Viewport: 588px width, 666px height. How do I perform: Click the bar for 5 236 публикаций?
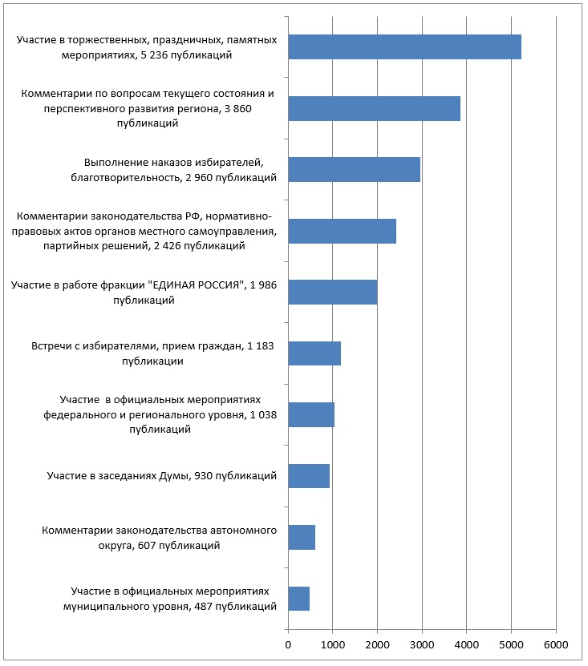(404, 47)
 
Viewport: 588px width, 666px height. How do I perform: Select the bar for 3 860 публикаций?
(374, 108)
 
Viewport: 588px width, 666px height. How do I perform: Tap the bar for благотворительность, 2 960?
(354, 170)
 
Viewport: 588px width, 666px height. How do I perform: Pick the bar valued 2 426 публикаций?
(342, 231)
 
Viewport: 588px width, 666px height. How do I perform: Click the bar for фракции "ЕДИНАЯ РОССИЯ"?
(332, 292)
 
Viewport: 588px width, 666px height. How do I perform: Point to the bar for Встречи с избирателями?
(314, 353)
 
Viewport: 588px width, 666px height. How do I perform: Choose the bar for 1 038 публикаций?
(311, 414)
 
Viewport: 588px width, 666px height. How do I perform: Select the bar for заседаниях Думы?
(309, 476)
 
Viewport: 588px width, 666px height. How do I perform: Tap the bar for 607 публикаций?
(302, 537)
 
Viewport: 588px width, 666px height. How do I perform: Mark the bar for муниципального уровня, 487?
(298, 599)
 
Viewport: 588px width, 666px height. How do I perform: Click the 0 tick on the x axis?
(288, 644)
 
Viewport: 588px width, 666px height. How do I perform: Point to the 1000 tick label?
(332, 644)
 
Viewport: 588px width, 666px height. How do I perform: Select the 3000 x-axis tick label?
(422, 644)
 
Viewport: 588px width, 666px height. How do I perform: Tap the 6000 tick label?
(556, 644)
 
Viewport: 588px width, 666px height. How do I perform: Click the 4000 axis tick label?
(467, 644)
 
